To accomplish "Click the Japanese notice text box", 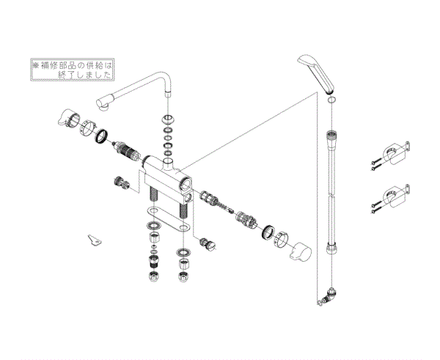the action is point(73,70).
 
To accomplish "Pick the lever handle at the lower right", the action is point(300,251).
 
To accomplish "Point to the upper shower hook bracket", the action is point(395,153).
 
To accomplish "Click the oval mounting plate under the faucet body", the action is point(169,220).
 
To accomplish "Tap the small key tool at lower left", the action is point(95,240).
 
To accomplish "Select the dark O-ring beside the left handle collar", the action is point(102,136).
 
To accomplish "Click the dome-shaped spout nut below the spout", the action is point(169,120).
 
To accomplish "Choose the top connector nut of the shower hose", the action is point(331,136).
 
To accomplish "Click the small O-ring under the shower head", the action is point(331,100).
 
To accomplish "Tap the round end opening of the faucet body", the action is point(186,183).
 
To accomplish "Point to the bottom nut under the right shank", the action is point(183,276).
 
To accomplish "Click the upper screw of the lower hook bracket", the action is point(376,203).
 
